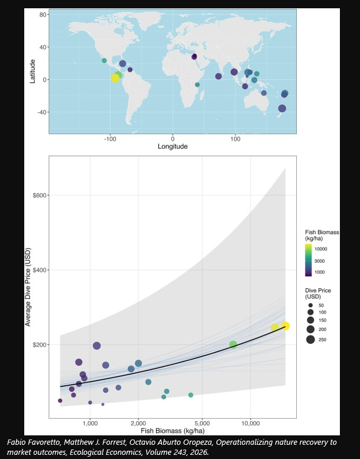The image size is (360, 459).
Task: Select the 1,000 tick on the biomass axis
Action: pos(90,424)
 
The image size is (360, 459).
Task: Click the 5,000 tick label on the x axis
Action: pos(203,424)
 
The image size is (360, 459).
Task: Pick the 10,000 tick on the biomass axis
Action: pos(251,424)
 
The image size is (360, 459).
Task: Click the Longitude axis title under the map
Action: pos(173,147)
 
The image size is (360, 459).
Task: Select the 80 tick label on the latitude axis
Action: pos(43,14)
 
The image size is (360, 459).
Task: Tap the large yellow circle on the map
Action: pos(115,79)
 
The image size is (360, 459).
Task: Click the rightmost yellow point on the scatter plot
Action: pos(285,326)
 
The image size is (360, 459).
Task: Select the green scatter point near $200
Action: pos(233,344)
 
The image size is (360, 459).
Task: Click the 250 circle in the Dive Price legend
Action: pos(310,339)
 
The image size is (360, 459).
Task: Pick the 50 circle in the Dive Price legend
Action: pos(310,305)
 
